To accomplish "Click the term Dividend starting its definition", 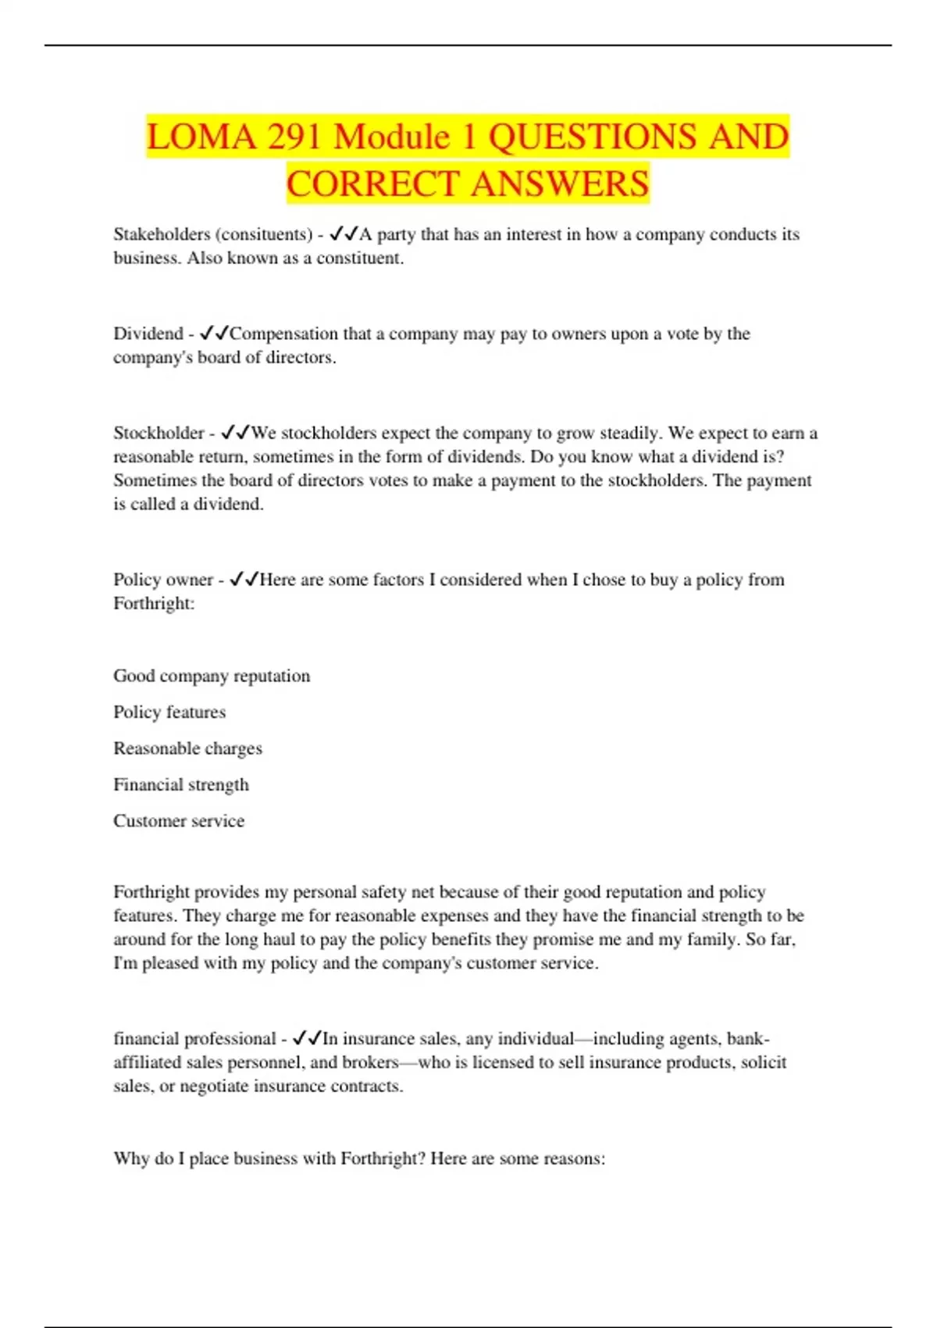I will point(148,334).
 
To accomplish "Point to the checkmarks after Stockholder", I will point(235,433).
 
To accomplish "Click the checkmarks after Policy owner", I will point(244,580).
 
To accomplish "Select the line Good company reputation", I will point(212,676).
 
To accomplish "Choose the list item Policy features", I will point(169,712).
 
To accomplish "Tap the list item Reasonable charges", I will point(187,748).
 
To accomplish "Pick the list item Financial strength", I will point(181,784).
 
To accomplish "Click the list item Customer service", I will point(179,820).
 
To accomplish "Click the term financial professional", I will point(194,1038).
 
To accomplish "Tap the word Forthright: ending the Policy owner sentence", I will point(154,603).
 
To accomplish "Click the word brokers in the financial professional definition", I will point(370,1062).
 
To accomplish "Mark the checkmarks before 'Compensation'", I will point(214,334).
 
